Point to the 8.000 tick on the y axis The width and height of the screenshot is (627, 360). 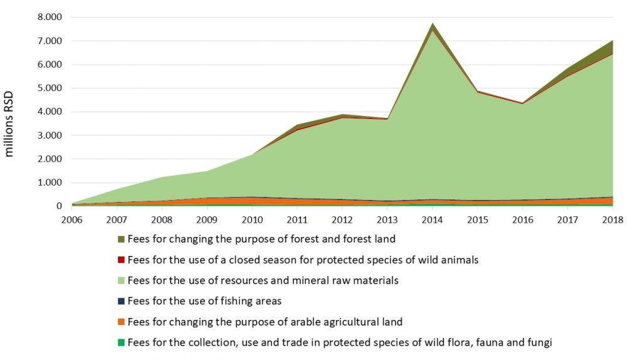(50, 18)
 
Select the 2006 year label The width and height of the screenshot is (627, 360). (72, 219)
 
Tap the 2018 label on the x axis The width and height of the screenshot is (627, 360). (613, 219)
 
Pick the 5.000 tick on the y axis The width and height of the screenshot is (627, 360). (50, 88)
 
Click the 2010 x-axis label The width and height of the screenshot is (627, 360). (253, 219)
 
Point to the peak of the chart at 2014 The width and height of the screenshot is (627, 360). (433, 24)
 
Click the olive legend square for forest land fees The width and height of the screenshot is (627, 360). (121, 240)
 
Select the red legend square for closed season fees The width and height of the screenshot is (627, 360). (121, 260)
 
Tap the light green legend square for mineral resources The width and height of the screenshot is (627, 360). (121, 281)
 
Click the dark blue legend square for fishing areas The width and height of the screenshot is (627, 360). (121, 301)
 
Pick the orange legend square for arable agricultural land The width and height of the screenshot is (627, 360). (121, 322)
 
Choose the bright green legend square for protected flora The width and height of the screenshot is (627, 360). (121, 343)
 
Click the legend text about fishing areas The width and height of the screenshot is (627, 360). (204, 301)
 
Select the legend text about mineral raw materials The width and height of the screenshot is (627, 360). (263, 281)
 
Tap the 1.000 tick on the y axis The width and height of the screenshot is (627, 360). (50, 183)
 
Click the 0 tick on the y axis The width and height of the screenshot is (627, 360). (60, 206)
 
